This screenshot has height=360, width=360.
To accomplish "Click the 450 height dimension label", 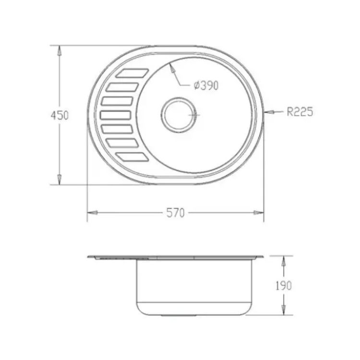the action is coord(60,115).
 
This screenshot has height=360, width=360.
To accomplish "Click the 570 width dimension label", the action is coord(175,213).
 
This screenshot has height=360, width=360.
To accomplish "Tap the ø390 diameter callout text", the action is coord(206,85).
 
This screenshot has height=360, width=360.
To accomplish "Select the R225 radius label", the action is coord(300,112).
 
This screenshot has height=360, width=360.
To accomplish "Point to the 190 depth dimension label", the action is coord(284,286).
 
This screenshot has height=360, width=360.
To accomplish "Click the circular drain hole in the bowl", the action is coord(179,115).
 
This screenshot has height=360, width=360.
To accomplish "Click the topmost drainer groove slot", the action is coord(132,73).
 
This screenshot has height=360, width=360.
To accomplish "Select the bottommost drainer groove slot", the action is coord(132,157).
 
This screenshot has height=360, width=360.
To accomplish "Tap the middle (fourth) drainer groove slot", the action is coord(116,115).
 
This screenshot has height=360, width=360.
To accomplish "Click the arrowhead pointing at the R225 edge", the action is coord(269,112).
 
